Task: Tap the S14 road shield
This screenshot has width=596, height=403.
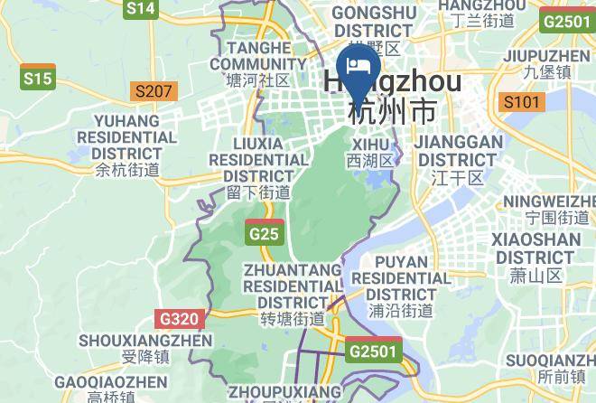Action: [141, 9]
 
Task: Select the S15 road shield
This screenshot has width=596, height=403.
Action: [38, 79]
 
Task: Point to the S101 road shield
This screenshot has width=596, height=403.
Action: [523, 101]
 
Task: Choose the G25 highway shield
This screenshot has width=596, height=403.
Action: [265, 234]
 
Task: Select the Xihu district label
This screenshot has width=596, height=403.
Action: [371, 152]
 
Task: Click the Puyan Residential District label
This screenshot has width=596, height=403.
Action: [401, 286]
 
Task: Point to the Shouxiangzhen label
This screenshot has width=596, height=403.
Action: [134, 350]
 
